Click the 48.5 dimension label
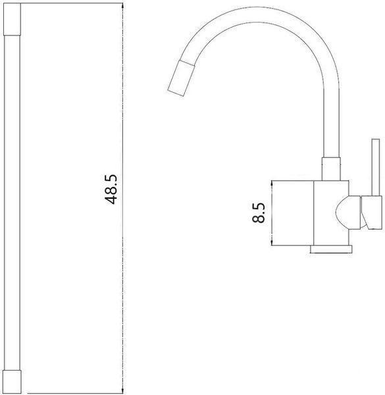click(111, 189)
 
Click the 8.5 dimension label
click(259, 213)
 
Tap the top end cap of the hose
click(12, 19)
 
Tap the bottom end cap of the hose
click(13, 381)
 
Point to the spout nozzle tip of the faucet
click(181, 78)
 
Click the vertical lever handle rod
click(376, 167)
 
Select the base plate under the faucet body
click(331, 249)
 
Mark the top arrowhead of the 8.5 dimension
click(272, 184)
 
